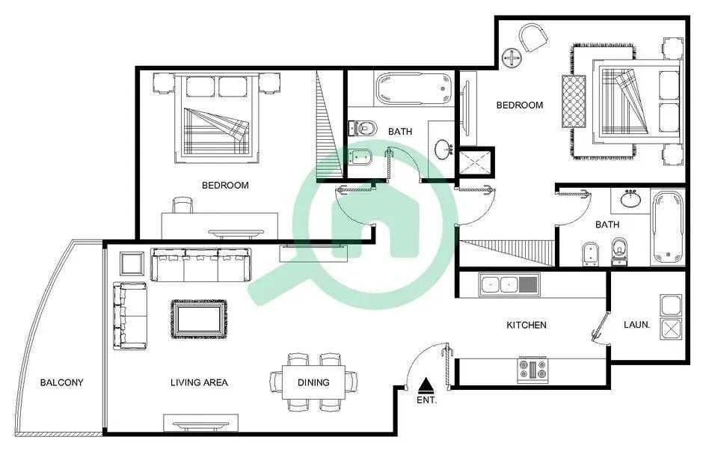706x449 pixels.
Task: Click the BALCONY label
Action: [x=61, y=382]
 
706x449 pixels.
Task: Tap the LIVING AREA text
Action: [x=199, y=382]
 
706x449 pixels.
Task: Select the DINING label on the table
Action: [x=313, y=382]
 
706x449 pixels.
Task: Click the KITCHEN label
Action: [x=527, y=325]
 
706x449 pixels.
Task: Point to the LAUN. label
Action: [x=636, y=324]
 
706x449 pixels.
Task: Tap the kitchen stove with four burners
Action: [x=532, y=370]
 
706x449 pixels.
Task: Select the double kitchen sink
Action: [x=509, y=284]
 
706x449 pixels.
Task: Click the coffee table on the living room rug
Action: [x=199, y=319]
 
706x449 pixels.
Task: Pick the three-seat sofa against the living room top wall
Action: [x=200, y=265]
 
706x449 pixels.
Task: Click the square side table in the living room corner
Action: [x=132, y=263]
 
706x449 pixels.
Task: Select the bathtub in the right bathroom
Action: [x=668, y=227]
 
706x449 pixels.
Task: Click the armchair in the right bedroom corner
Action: [x=534, y=37]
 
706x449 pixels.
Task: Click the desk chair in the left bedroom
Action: [x=182, y=205]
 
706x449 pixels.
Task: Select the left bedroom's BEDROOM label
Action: [x=225, y=185]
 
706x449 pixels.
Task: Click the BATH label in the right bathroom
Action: [x=607, y=224]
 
